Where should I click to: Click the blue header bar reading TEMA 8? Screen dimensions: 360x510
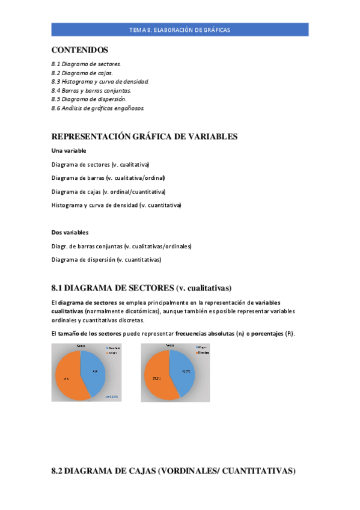[x=180, y=29]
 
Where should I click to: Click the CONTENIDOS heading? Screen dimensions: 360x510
[x=80, y=50]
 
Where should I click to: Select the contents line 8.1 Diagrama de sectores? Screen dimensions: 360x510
[x=86, y=63]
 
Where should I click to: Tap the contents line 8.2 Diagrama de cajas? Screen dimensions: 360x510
[x=82, y=72]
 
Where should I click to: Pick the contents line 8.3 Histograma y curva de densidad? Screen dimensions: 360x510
[x=100, y=81]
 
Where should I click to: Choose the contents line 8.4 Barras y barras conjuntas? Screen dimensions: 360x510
[x=91, y=90]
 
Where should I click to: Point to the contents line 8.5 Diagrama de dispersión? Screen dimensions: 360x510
[x=89, y=99]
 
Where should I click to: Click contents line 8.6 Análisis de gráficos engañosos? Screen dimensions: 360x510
[x=97, y=108]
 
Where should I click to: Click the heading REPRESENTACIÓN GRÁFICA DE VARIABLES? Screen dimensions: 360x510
[x=144, y=137]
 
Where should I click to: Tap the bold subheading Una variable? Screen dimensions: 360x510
[x=69, y=150]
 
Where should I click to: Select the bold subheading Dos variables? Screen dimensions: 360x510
[x=70, y=232]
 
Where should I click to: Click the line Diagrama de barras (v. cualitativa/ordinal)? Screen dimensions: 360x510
[x=108, y=178]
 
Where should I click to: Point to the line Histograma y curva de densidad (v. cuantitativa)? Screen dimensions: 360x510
[x=116, y=205]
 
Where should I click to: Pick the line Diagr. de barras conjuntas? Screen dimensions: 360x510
[x=121, y=246]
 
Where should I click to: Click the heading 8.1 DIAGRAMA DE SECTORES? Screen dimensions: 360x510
[x=141, y=287]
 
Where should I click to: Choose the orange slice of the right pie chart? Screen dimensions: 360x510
[x=157, y=378]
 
